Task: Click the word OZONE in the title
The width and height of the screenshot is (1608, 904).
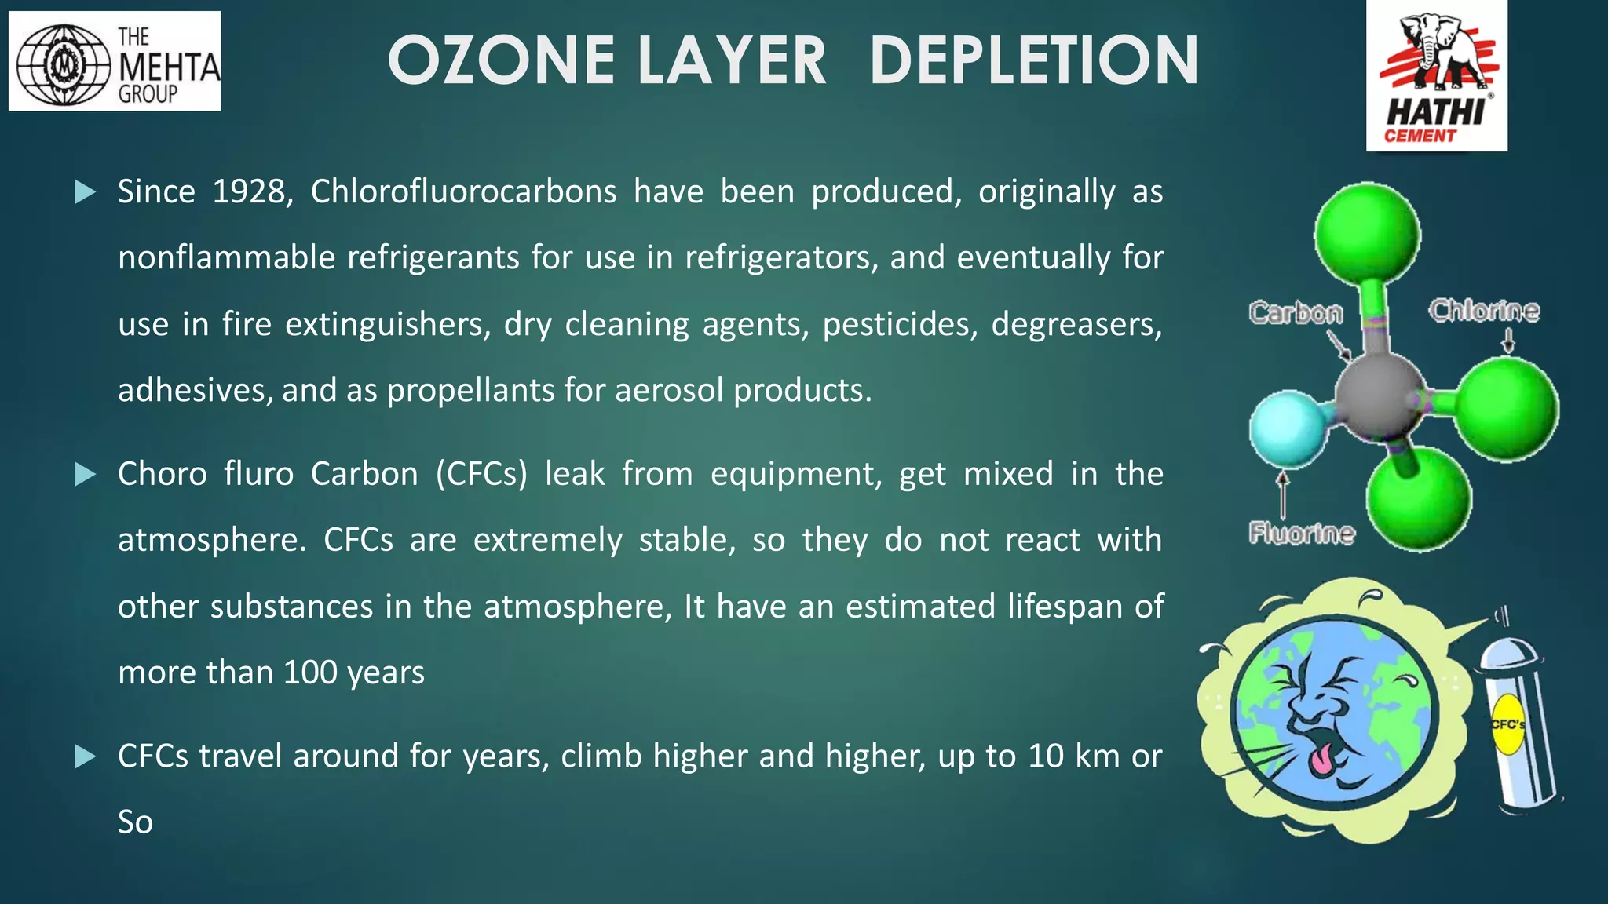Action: click(x=501, y=60)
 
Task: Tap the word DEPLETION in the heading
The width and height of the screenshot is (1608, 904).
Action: click(x=1034, y=60)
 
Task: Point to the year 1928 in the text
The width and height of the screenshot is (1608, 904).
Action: click(x=249, y=191)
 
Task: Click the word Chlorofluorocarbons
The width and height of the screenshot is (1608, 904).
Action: click(x=463, y=191)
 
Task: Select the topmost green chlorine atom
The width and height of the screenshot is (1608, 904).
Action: click(x=1367, y=233)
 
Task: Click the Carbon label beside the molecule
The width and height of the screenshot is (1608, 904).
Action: click(x=1296, y=313)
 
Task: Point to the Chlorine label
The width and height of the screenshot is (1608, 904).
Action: click(x=1484, y=311)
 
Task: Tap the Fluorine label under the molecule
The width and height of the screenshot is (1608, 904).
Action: click(x=1302, y=534)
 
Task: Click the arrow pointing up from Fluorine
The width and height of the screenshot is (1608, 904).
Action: click(x=1282, y=494)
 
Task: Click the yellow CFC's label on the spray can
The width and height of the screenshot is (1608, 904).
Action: click(x=1507, y=724)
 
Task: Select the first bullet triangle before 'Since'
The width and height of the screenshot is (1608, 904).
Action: click(x=85, y=192)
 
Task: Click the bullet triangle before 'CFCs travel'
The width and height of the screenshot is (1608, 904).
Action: click(x=85, y=756)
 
